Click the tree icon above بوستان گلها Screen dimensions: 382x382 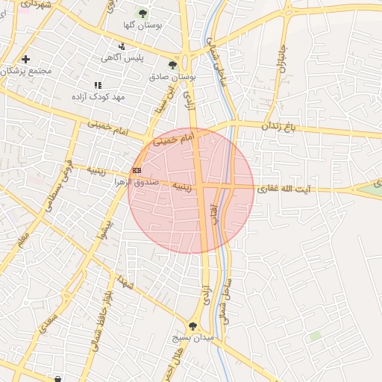(143, 13)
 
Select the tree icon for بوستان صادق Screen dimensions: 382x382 (172, 66)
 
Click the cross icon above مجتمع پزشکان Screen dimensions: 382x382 (26, 59)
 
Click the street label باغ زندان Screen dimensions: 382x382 (278, 127)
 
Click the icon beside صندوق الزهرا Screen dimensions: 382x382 (137, 171)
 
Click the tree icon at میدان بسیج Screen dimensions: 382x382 (193, 326)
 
